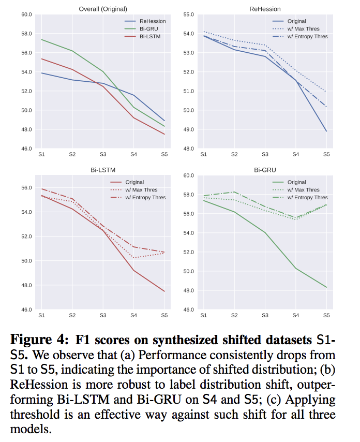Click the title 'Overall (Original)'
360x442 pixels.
(x=103, y=9)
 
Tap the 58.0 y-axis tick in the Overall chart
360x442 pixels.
(x=25, y=34)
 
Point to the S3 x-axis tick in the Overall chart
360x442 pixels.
(x=103, y=154)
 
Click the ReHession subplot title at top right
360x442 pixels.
(x=265, y=9)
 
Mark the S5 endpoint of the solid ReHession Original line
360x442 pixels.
(x=326, y=131)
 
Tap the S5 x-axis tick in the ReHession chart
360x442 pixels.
(x=326, y=154)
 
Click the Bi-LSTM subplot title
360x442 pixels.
(x=103, y=170)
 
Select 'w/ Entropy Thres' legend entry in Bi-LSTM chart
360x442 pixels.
(x=145, y=198)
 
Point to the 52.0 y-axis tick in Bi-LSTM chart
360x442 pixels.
(x=25, y=237)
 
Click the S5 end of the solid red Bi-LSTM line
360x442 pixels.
(x=164, y=291)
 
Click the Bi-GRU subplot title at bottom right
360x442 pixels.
(x=265, y=170)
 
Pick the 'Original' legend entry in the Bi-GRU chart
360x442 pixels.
(x=296, y=182)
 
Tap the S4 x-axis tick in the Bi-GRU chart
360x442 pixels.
(x=295, y=315)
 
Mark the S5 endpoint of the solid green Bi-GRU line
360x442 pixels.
(x=326, y=287)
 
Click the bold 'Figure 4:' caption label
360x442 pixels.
(x=39, y=341)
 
